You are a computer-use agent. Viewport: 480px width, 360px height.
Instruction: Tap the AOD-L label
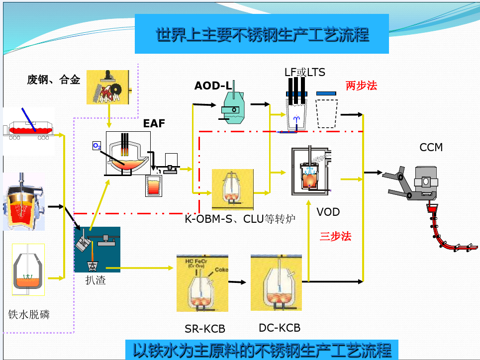click(213, 86)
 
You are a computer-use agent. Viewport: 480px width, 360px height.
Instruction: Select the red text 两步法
click(361, 86)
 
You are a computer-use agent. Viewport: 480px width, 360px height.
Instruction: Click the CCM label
click(431, 147)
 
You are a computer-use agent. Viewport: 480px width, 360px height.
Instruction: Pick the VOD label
click(328, 212)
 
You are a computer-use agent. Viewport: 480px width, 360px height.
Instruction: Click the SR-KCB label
click(205, 329)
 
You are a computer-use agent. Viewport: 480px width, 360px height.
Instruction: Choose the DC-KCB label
click(280, 328)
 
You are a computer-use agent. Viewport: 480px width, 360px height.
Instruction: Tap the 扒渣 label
click(96, 280)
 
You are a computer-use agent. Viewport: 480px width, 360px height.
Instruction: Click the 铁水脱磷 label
click(29, 314)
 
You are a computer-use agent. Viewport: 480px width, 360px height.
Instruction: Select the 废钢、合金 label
click(53, 80)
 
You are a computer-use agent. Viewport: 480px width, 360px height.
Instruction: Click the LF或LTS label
click(304, 72)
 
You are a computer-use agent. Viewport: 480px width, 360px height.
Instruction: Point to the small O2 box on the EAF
click(97, 146)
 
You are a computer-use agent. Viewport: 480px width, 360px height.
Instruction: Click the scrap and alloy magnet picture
click(108, 87)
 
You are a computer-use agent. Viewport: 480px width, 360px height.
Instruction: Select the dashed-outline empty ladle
click(327, 114)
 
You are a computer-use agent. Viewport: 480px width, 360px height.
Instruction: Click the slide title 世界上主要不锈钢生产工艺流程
click(262, 34)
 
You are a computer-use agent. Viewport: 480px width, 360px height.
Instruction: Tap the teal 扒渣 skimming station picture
click(97, 249)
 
